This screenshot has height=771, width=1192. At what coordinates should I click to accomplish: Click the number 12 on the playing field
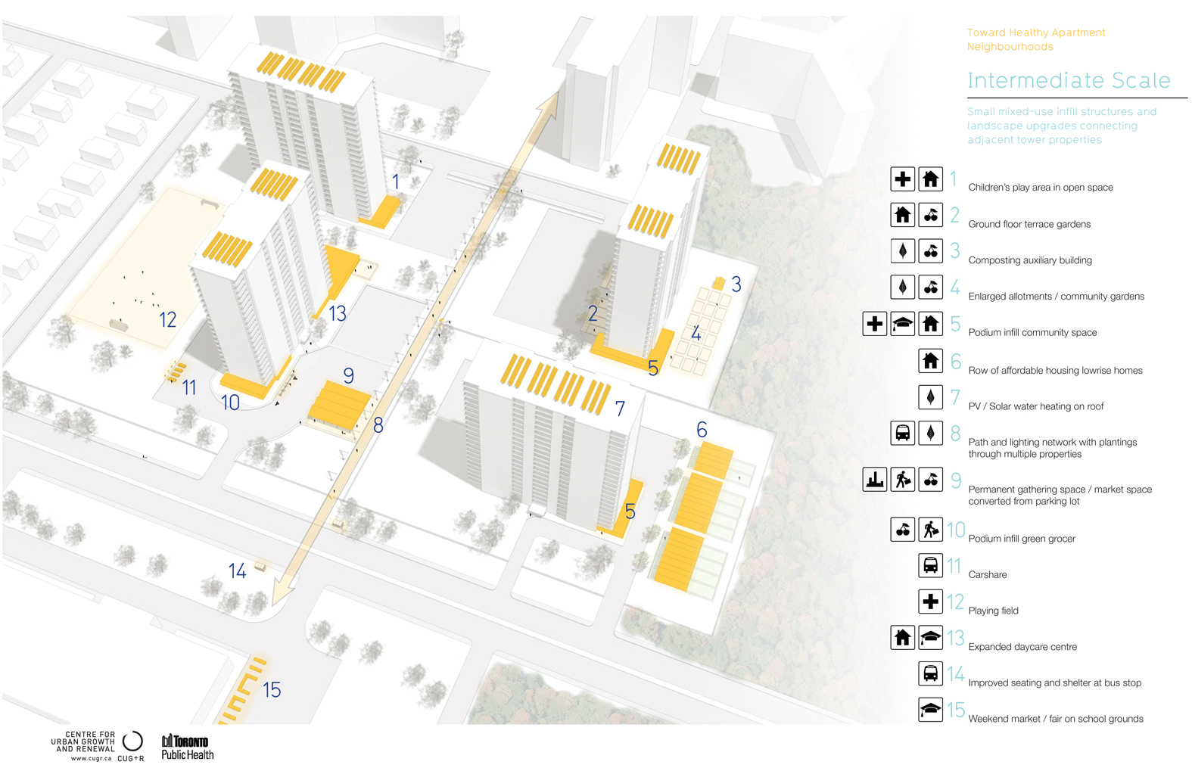click(167, 319)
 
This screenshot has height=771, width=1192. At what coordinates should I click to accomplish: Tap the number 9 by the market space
click(348, 375)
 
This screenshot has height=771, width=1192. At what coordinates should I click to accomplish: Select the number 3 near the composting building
click(736, 284)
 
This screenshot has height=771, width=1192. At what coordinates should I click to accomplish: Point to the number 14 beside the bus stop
click(237, 570)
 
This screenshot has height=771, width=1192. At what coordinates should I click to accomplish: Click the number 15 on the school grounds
click(272, 690)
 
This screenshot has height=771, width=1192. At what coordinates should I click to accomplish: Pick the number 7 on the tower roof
click(620, 409)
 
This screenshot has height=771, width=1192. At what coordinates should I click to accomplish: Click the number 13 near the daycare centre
click(337, 313)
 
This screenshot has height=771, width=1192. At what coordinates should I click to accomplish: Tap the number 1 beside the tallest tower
click(395, 182)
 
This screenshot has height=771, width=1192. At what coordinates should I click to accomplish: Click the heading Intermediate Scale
click(1069, 80)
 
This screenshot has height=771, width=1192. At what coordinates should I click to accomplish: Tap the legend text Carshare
click(987, 575)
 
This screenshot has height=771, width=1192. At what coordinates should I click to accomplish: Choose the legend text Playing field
click(993, 611)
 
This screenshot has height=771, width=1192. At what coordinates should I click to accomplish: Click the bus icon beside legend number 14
click(930, 673)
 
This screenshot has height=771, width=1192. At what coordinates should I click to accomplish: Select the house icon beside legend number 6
click(930, 361)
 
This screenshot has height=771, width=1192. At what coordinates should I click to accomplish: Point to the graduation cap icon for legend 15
click(930, 709)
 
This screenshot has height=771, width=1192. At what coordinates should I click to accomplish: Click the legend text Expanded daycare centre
click(1022, 647)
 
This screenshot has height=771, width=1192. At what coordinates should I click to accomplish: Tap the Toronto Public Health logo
click(188, 747)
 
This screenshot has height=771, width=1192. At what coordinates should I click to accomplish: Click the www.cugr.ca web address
click(91, 758)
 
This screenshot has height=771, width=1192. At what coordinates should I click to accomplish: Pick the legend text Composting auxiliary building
click(1029, 260)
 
